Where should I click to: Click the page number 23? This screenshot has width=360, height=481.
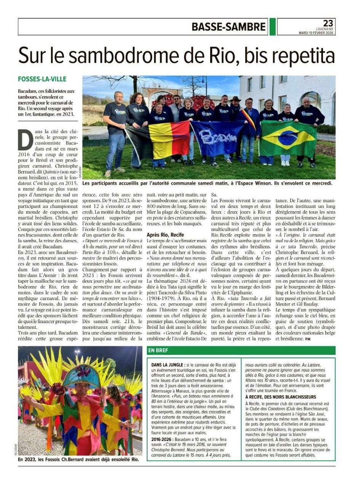pos(328,23)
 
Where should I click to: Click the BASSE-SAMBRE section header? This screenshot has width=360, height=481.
pos(228,27)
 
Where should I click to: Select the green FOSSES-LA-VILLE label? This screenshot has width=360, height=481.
pos(42,79)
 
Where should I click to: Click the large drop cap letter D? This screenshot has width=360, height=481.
pos(26,140)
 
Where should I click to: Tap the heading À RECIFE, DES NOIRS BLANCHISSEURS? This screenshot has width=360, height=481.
pos(281,397)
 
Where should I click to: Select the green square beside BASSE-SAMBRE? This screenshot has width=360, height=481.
pos(272,27)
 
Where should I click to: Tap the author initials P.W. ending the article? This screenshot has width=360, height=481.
pos(308,339)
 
